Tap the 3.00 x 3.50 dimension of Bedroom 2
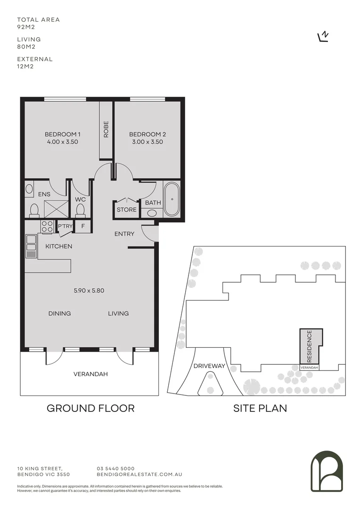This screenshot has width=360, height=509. coord(147,142)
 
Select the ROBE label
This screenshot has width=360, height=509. coord(106,129)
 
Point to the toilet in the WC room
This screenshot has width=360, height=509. coord(81,209)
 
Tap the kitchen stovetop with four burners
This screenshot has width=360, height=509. coord(47,227)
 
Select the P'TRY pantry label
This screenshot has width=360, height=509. coord(65,226)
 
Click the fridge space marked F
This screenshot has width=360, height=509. coord(83,226)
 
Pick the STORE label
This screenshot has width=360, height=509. coord(127,210)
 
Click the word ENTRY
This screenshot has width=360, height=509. coord(124,234)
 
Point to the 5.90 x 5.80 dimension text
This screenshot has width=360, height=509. coord(89,290)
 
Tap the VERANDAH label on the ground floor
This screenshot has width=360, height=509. coord(90,374)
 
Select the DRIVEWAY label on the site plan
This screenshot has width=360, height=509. coord(209,366)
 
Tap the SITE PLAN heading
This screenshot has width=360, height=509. coord(260,408)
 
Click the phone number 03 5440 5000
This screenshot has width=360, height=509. coord(115,468)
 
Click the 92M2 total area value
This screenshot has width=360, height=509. coord(27,27)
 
